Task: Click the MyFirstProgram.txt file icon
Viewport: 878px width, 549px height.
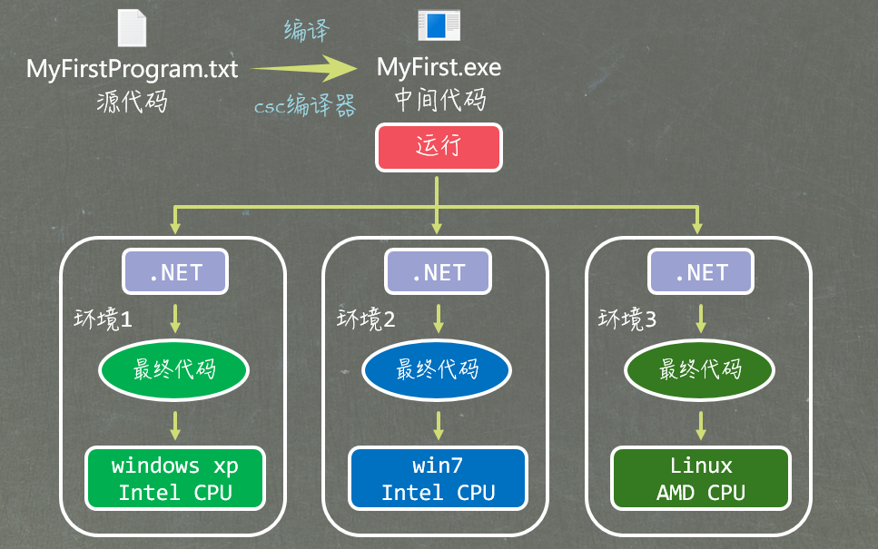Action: click(x=132, y=27)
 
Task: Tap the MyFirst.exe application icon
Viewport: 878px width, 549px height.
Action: click(x=439, y=25)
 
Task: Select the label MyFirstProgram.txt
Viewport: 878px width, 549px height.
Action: click(x=132, y=69)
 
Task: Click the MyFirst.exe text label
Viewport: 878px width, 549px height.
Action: click(x=439, y=68)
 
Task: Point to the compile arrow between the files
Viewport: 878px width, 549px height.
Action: click(x=304, y=68)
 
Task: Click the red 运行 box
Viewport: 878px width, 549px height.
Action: click(x=439, y=147)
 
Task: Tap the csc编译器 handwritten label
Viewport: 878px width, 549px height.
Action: click(x=305, y=107)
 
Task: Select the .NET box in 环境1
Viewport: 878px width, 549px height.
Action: click(x=175, y=272)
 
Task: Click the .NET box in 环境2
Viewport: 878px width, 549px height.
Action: click(x=439, y=272)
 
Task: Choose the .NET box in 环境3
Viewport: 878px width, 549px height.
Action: click(x=701, y=272)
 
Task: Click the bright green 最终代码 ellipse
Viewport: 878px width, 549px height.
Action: click(x=174, y=369)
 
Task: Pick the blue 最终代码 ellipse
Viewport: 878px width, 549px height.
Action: click(x=438, y=369)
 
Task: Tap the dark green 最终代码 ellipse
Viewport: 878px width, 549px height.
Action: click(x=700, y=369)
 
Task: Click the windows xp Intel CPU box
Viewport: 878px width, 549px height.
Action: click(x=175, y=478)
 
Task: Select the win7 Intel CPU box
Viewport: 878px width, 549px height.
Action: click(x=438, y=478)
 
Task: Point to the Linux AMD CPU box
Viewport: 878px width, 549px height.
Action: click(x=701, y=478)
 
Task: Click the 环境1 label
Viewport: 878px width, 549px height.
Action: click(x=103, y=319)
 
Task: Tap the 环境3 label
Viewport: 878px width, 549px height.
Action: click(x=627, y=319)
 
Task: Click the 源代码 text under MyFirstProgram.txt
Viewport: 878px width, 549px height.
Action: click(x=132, y=102)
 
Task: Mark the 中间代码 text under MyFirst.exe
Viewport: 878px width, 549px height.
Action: click(x=439, y=100)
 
